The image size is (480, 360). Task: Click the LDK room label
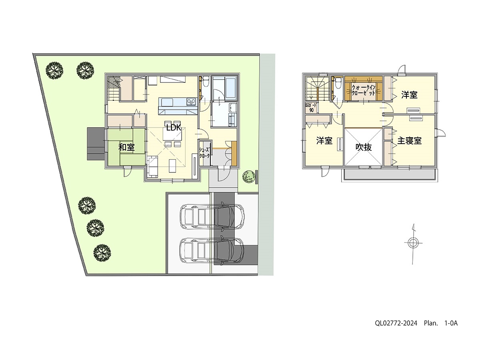click(174, 128)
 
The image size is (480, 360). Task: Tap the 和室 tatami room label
click(126, 147)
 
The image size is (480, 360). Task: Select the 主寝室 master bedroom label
click(409, 141)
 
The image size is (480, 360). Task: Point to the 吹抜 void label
click(364, 147)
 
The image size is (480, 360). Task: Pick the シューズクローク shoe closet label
click(204, 153)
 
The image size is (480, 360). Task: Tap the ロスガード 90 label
click(311, 108)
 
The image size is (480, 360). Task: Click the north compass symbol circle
click(413, 243)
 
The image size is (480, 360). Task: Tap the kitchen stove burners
click(191, 102)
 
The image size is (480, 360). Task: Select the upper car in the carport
click(212, 216)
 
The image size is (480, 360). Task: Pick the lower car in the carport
click(212, 250)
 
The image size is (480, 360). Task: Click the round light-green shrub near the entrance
click(249, 176)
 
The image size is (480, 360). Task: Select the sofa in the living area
click(152, 166)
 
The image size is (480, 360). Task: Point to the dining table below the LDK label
click(172, 134)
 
